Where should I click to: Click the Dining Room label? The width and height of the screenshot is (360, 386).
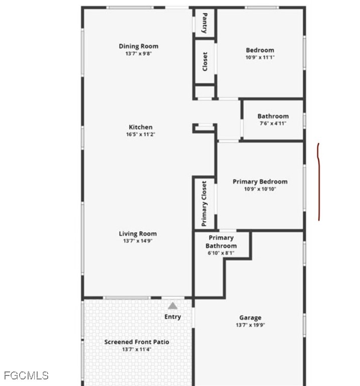pyautogui.click(x=139, y=46)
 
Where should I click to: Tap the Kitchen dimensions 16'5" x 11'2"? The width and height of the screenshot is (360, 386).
pyautogui.click(x=141, y=134)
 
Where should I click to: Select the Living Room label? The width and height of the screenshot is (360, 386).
pyautogui.click(x=138, y=234)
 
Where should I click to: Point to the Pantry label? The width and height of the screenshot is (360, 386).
pyautogui.click(x=204, y=23)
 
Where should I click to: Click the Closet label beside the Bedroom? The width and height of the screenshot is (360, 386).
pyautogui.click(x=204, y=61)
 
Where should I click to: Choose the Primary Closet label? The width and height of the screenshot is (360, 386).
pyautogui.click(x=204, y=204)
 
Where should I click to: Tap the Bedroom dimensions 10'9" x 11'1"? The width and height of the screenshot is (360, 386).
pyautogui.click(x=260, y=57)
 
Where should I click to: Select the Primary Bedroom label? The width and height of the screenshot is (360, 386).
pyautogui.click(x=260, y=181)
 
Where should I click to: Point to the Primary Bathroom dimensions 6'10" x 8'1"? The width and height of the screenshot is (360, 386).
pyautogui.click(x=221, y=253)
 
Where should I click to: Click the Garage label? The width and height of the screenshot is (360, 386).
pyautogui.click(x=251, y=318)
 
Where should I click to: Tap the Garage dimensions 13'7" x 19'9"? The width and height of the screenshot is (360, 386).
pyautogui.click(x=251, y=325)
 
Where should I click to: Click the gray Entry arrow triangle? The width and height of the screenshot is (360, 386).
pyautogui.click(x=173, y=306)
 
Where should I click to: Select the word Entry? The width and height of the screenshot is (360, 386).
pyautogui.click(x=173, y=317)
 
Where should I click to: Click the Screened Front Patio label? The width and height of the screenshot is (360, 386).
pyautogui.click(x=137, y=342)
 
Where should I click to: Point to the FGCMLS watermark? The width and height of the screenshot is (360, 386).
pyautogui.click(x=26, y=375)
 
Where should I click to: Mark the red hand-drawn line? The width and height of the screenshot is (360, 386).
pyautogui.click(x=319, y=181)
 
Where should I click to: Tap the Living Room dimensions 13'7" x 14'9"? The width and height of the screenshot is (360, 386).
pyautogui.click(x=138, y=241)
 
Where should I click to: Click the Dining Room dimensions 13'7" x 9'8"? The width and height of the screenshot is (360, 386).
pyautogui.click(x=139, y=53)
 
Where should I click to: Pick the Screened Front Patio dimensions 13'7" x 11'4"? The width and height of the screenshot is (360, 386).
pyautogui.click(x=137, y=349)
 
